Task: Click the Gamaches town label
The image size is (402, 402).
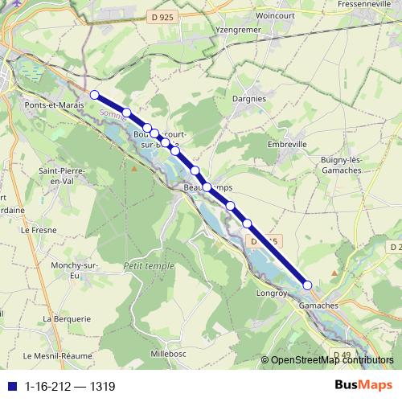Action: pyautogui.click(x=318, y=306)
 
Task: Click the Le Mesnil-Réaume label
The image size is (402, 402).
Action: pyautogui.click(x=58, y=355)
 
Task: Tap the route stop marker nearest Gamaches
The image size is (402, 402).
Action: pyautogui.click(x=307, y=285)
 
